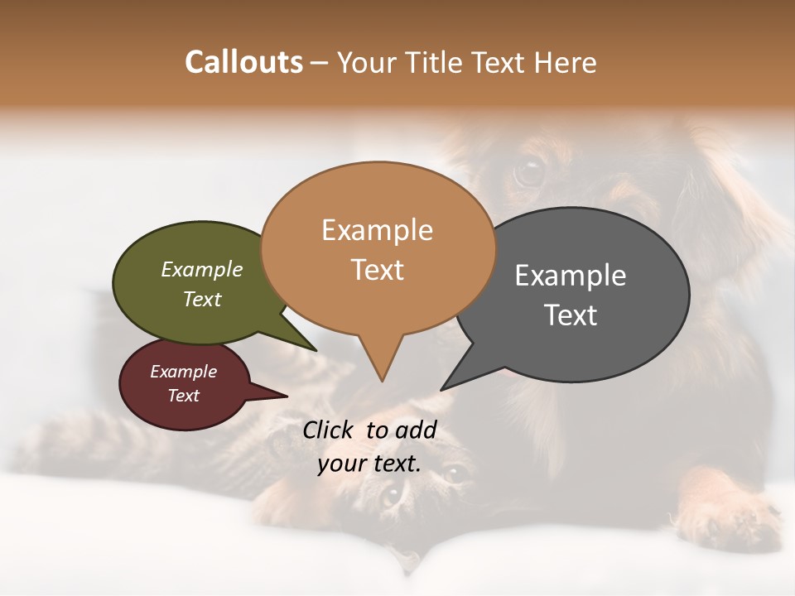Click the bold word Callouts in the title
pos(243,62)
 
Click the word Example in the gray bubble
pos(571,276)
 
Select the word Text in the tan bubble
pos(378,270)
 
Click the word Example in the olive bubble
pos(202,269)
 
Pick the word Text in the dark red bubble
pos(183,396)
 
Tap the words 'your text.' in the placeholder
pos(369,464)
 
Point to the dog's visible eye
pos(528,171)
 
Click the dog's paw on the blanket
pos(729,517)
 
